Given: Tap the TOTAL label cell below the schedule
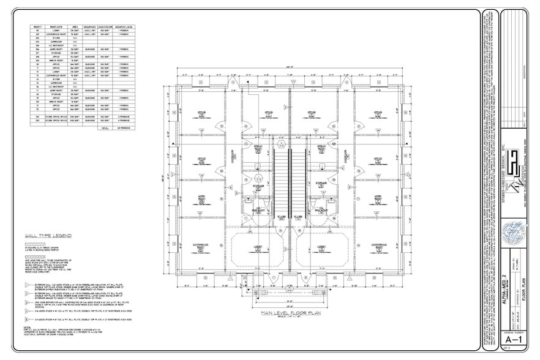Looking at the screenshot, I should [104, 129].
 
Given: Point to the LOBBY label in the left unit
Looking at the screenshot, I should [256, 248].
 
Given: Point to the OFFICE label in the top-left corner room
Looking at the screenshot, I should [200, 112].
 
